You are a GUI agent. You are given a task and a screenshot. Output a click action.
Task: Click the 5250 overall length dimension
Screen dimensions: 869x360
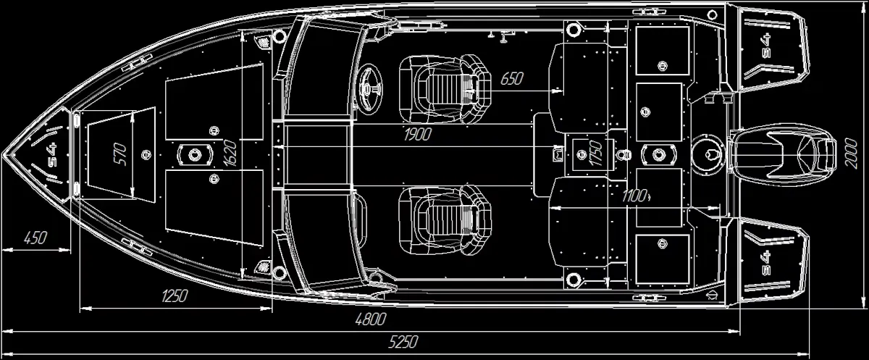(403, 342)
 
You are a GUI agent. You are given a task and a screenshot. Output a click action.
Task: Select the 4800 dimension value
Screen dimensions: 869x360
(371, 319)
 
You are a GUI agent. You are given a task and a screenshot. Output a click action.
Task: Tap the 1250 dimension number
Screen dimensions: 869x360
(175, 296)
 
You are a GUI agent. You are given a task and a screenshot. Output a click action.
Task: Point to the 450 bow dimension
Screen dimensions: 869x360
(35, 238)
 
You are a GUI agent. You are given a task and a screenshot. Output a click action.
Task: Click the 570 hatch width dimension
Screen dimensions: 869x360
(121, 154)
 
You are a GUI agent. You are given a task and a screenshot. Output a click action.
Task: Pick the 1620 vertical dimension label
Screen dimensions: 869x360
(230, 154)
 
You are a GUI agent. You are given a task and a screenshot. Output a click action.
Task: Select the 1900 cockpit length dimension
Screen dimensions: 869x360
(417, 135)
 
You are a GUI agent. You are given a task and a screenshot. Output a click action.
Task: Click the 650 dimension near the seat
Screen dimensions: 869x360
(512, 79)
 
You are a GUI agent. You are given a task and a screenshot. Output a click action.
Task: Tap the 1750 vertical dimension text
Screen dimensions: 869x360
(595, 153)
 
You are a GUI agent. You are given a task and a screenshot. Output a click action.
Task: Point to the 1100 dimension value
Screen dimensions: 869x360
(634, 196)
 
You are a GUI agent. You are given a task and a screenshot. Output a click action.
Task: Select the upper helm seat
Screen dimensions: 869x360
(445, 89)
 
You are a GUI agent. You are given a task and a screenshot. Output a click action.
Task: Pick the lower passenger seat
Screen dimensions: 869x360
(445, 221)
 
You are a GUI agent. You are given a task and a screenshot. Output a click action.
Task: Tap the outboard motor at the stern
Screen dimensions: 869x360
(780, 154)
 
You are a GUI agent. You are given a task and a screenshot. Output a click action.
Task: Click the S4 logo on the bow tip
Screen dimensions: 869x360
(52, 154)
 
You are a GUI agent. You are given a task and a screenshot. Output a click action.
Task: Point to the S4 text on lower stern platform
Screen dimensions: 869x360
(766, 263)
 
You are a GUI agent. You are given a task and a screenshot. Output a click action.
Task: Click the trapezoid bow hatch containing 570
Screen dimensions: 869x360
(122, 155)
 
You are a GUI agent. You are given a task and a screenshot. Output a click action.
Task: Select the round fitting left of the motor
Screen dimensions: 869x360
(708, 155)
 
